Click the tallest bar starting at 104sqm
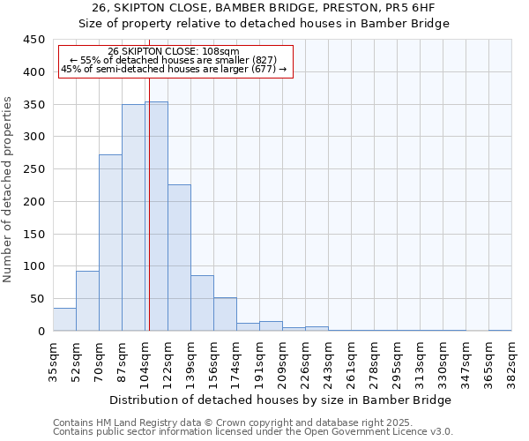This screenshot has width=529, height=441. (156, 216)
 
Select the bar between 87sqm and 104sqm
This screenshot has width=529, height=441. (133, 218)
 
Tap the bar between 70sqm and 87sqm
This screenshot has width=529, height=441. (110, 243)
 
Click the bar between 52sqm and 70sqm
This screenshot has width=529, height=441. (87, 301)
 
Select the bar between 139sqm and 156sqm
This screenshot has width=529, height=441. (202, 303)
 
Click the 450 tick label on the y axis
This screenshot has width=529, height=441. (34, 40)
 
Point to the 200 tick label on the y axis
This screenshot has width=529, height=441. (34, 202)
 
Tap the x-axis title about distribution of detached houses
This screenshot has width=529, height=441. (281, 400)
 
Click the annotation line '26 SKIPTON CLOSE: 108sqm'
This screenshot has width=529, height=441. (173, 52)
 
